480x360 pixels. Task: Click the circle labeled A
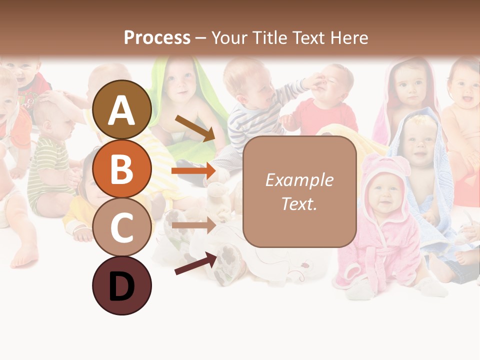pyautogui.click(x=121, y=110)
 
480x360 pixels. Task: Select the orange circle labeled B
pyautogui.click(x=121, y=169)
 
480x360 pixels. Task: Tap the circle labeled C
pyautogui.click(x=121, y=227)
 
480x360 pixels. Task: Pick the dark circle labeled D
pyautogui.click(x=121, y=285)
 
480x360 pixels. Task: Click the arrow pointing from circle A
pyautogui.click(x=194, y=128)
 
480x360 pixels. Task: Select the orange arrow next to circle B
pyautogui.click(x=193, y=171)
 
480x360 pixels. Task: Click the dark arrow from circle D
pyautogui.click(x=195, y=263)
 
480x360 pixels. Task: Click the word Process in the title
pyautogui.click(x=157, y=37)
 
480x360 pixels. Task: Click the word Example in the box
pyautogui.click(x=299, y=180)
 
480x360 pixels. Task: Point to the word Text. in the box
pyautogui.click(x=299, y=203)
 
